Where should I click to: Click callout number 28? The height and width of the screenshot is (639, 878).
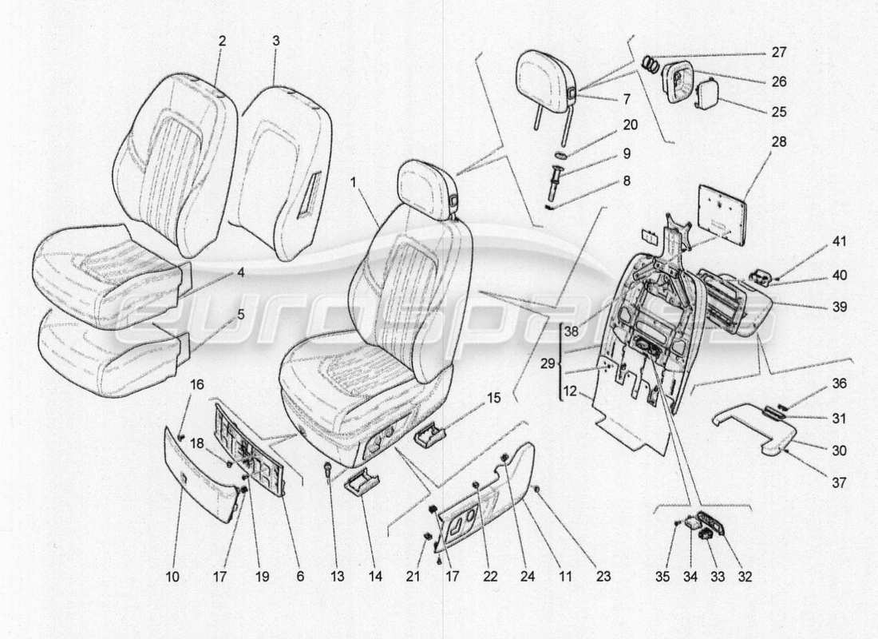[x=779, y=143]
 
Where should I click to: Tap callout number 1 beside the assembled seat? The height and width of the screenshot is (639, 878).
[x=352, y=181]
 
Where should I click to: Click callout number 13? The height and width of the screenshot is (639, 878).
[x=331, y=576]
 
